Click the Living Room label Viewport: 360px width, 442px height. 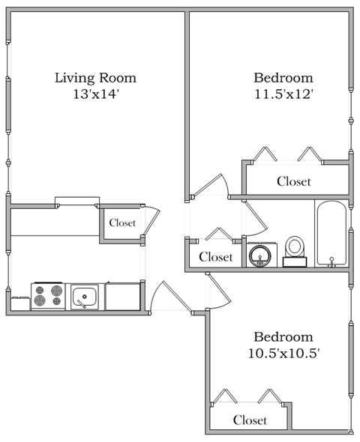[x=95, y=78]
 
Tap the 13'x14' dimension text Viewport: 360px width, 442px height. [x=95, y=94]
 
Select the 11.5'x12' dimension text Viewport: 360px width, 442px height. [x=283, y=94]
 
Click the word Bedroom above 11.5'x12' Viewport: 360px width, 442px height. [x=283, y=78]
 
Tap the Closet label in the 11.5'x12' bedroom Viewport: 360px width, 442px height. [x=293, y=181]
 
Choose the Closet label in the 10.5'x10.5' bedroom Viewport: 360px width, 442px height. [x=249, y=420]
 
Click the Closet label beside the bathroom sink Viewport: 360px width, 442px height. [x=216, y=257]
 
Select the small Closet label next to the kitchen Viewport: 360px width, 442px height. [x=122, y=222]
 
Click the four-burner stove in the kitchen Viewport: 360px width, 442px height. [x=49, y=296]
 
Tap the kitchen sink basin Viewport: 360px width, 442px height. [x=86, y=297]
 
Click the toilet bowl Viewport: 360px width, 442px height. [x=295, y=246]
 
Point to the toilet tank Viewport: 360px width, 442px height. [x=295, y=261]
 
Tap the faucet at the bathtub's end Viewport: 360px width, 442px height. [x=331, y=260]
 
